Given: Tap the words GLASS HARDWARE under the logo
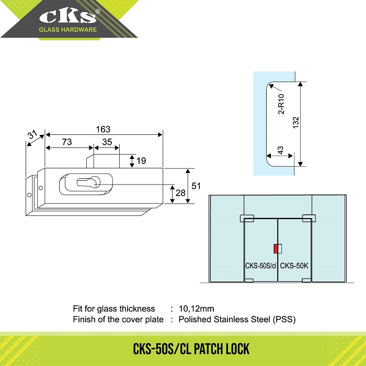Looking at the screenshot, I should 68,30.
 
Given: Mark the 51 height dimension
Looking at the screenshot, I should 196,186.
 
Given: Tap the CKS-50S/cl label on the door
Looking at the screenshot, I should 260,265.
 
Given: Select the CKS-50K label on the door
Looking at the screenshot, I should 295,265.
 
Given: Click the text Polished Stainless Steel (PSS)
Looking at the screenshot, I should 241,319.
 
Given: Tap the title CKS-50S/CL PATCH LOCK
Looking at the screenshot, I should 183,348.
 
